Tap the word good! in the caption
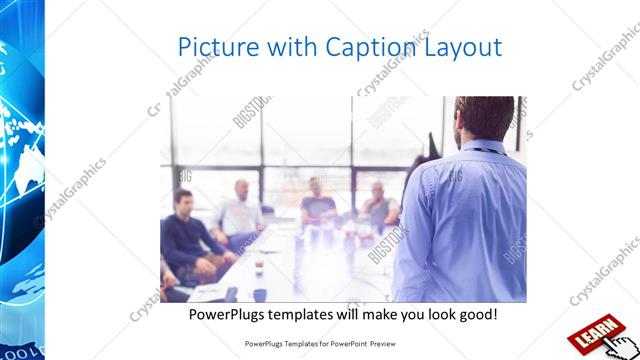[x=476, y=315]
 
